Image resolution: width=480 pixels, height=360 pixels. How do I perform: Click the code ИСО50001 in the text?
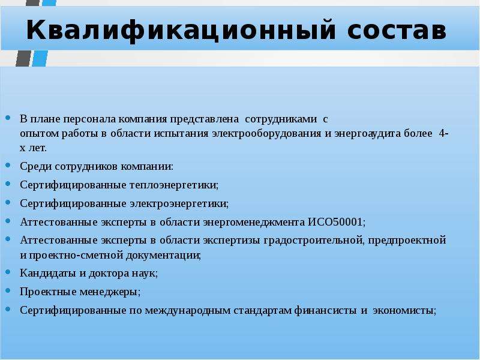336,222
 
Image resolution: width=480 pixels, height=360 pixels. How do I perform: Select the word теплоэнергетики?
174,185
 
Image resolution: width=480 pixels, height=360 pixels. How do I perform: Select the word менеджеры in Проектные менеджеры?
110,292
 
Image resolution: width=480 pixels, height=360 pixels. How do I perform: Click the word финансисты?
325,310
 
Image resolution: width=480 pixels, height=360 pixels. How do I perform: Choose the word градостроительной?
314,241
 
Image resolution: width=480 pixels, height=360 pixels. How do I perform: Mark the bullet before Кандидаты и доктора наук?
8,272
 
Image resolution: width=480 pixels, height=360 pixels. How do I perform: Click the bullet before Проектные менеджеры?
8,290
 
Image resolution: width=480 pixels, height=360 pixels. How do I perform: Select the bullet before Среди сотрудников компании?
8,166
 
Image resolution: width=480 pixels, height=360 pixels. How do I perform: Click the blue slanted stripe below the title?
40,58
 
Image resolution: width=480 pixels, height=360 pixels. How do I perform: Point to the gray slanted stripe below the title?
23,58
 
